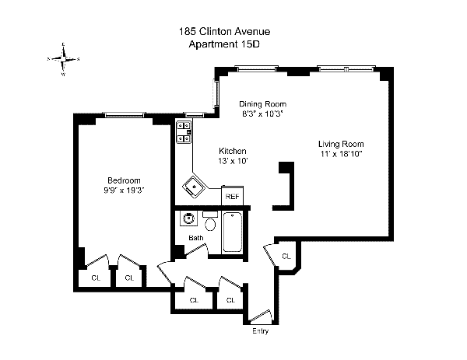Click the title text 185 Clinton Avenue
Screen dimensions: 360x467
pyautogui.click(x=225, y=32)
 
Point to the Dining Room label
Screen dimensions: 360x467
pyautogui.click(x=262, y=104)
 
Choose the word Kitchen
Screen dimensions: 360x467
pyautogui.click(x=233, y=151)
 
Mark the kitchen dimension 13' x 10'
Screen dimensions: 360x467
pyautogui.click(x=233, y=160)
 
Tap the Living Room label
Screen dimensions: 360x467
pyautogui.click(x=341, y=144)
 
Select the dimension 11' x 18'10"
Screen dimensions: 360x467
pyautogui.click(x=341, y=154)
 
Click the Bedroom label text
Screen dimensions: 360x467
pyautogui.click(x=125, y=180)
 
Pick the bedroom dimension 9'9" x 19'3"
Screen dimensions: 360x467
pyautogui.click(x=125, y=190)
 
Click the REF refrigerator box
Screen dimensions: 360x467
pyautogui.click(x=232, y=197)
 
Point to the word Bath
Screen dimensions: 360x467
pyautogui.click(x=195, y=238)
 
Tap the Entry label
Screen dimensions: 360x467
pyautogui.click(x=261, y=332)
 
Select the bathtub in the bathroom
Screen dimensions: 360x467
pyautogui.click(x=233, y=231)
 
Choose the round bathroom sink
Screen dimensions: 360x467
pyautogui.click(x=186, y=219)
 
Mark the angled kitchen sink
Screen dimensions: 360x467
pyautogui.click(x=191, y=185)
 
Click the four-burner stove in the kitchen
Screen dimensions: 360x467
pyautogui.click(x=184, y=132)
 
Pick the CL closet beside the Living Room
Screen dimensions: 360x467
pyautogui.click(x=286, y=256)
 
